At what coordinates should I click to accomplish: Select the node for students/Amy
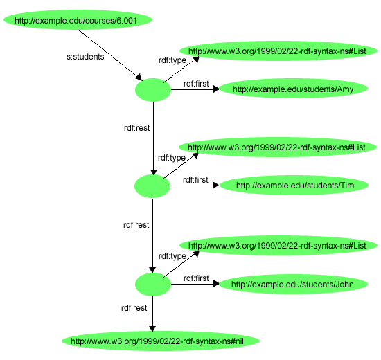point(293,89)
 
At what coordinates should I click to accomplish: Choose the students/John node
point(293,284)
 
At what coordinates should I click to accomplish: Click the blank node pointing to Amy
point(152,89)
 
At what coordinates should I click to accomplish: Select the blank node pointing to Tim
point(152,186)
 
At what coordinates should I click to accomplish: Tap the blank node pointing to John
point(152,284)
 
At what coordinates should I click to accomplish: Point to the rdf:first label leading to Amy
point(195,84)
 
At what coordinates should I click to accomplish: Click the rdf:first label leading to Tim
point(195,180)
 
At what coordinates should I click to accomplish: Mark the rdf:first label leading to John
point(195,278)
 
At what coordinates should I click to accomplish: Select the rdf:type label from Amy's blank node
point(172,60)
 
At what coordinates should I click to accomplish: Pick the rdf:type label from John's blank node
point(172,256)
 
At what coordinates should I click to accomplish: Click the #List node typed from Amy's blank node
point(276,51)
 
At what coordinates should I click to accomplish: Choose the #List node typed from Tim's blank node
point(276,147)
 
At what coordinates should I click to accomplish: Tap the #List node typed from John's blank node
point(276,245)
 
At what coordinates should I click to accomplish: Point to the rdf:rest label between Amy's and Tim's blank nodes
point(136,128)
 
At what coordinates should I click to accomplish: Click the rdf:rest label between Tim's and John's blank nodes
point(136,225)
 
